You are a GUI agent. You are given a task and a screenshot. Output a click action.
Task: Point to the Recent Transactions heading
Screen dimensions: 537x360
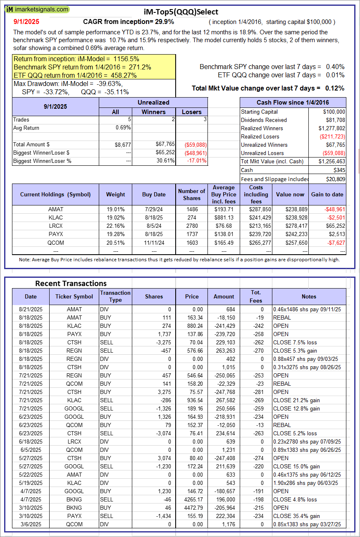71,283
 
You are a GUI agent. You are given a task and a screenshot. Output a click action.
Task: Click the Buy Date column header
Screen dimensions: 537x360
154,194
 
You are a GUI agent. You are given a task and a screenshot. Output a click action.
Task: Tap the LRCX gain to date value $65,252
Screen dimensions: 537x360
334,226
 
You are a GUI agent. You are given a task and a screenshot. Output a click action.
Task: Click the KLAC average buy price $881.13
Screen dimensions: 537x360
224,217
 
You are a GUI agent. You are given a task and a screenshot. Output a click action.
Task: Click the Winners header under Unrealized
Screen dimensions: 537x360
153,112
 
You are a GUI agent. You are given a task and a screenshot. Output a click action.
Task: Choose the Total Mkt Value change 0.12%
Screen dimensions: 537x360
335,88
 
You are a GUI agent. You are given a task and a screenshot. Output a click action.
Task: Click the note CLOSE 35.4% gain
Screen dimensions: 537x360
296,516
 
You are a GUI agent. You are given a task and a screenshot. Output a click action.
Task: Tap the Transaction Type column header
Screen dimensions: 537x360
115,296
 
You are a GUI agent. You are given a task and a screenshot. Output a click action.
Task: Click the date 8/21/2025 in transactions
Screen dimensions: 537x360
31,309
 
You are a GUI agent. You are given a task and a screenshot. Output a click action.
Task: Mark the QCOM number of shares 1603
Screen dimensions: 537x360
192,242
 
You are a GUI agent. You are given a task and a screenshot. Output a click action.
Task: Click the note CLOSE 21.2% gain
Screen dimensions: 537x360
296,400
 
